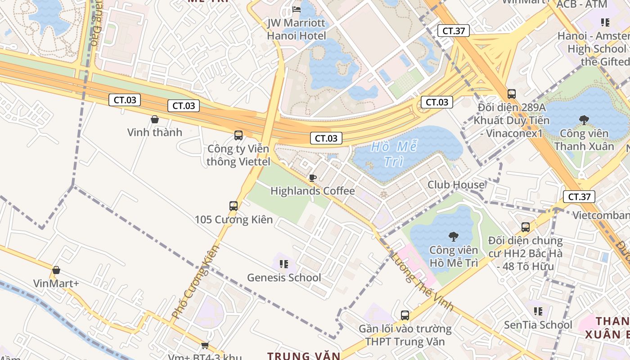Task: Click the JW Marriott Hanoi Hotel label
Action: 297,29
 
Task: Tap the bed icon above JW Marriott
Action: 297,9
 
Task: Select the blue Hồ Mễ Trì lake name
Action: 394,154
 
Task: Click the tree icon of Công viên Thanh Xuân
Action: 584,120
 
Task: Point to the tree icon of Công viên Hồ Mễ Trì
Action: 453,236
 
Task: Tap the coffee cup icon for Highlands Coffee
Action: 313,178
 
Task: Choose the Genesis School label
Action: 284,278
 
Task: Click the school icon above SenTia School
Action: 538,311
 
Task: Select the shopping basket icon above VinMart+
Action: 56,270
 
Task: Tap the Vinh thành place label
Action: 154,132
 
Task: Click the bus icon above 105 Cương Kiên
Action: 234,206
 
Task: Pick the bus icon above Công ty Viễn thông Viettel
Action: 238,135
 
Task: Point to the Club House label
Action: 456,184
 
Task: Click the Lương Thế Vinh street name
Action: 421,282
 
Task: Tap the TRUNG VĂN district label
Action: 304,356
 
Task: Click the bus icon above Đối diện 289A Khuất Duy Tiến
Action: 512,94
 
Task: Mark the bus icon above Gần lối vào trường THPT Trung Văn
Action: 405,315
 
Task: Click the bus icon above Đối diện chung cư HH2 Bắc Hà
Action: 525,227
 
